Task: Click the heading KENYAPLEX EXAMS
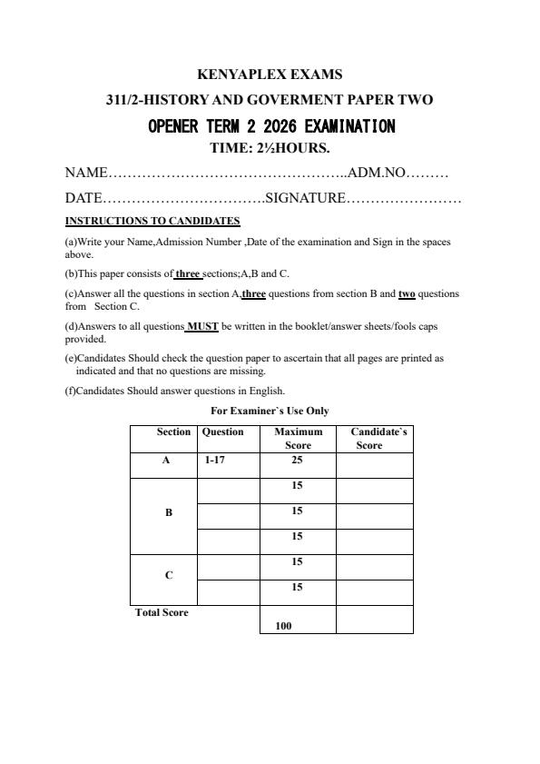270,74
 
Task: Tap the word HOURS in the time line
299,147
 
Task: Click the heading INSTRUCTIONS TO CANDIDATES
152,221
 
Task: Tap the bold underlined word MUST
202,325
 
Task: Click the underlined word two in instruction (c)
407,294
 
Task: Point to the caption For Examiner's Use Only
270,411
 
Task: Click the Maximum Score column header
298,439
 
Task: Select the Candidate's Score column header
374,439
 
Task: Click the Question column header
222,432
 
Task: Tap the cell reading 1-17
215,461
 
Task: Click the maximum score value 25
297,461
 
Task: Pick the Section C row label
169,575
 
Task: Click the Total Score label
162,612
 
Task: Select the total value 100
283,626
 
